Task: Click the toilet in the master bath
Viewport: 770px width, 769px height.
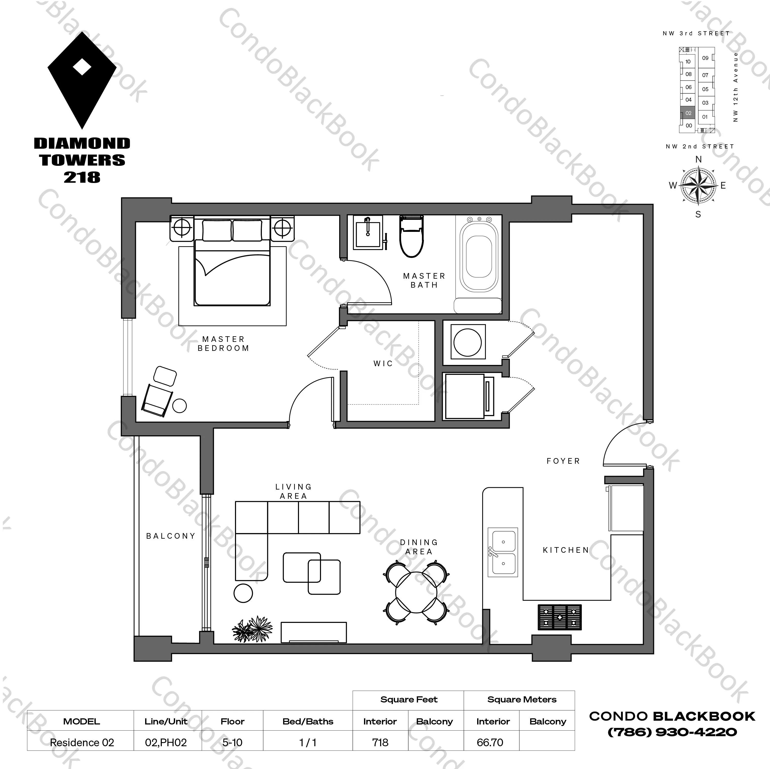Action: [x=411, y=237]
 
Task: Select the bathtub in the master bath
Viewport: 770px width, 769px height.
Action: [x=478, y=257]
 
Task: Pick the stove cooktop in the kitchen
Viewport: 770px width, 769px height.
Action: [x=560, y=617]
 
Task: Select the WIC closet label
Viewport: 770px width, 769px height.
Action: [x=383, y=363]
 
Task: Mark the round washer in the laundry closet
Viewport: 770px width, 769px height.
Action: [x=467, y=342]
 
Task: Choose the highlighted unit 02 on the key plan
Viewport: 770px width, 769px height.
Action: [x=688, y=113]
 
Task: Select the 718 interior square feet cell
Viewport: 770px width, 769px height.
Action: [x=380, y=743]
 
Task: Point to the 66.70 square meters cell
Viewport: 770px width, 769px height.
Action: [x=490, y=743]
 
